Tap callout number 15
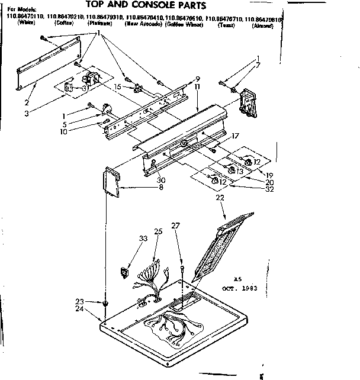(119, 87)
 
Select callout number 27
(175, 226)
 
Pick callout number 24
(79, 308)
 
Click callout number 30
(161, 180)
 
